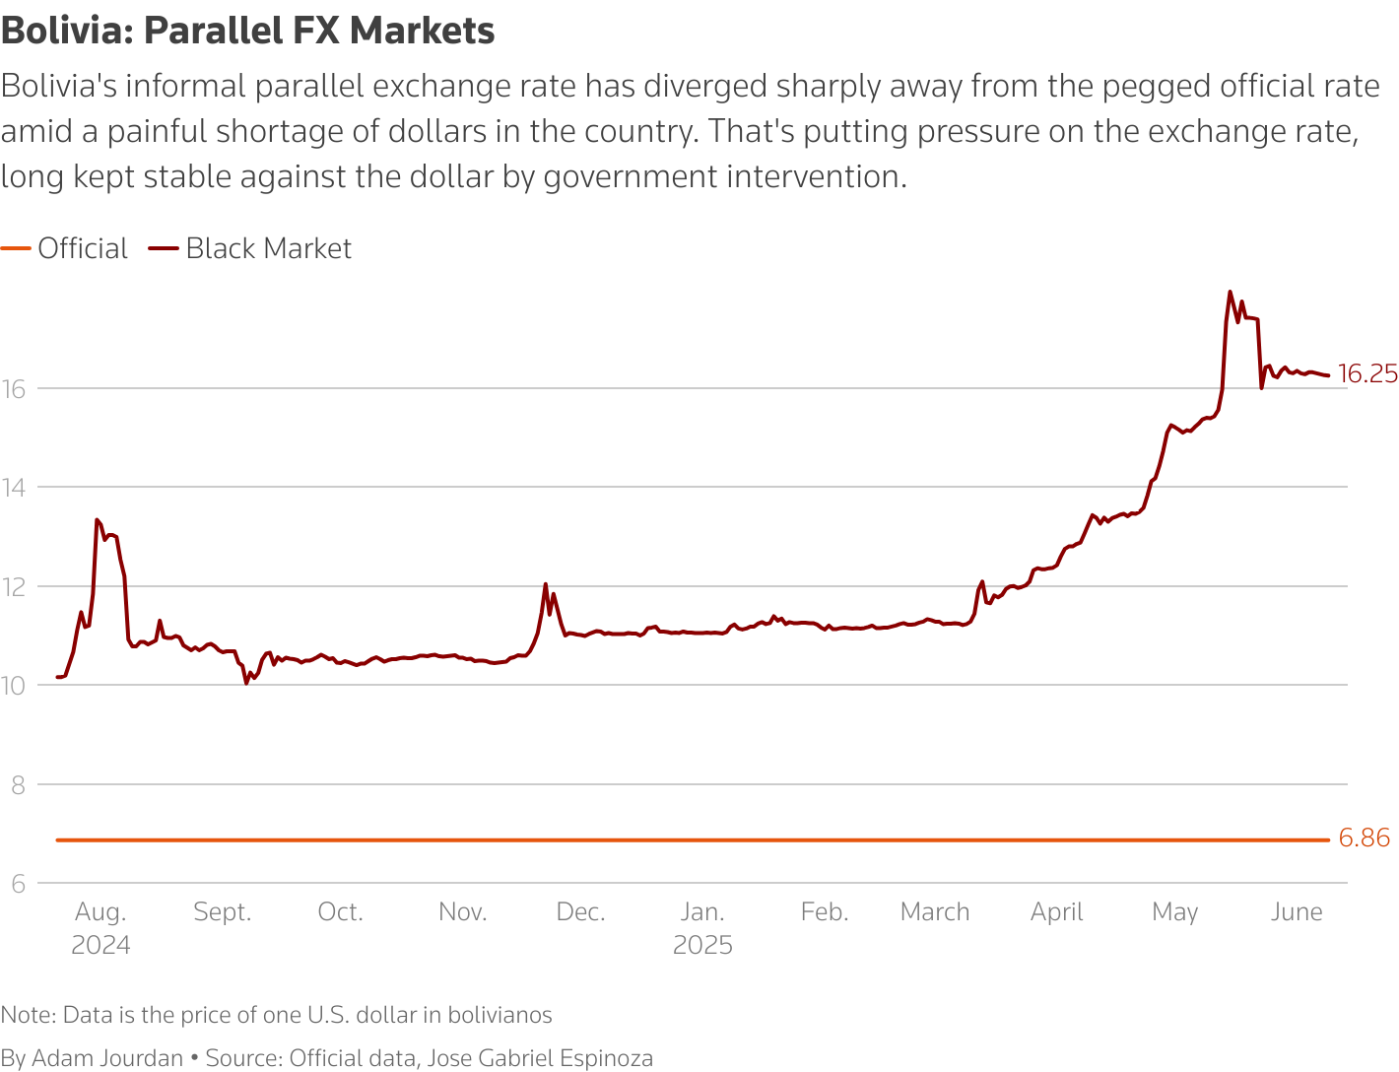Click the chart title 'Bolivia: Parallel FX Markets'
247,31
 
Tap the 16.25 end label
1367,373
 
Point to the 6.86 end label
1365,838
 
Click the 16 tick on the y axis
14,388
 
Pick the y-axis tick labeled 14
14,487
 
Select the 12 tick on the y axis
14,586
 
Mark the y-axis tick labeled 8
17,785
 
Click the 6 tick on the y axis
17,884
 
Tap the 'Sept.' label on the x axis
223,912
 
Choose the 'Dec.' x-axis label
580,912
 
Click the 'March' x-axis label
935,912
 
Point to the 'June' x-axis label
1297,912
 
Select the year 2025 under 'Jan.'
702,946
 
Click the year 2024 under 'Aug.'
100,946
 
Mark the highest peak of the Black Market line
1230,292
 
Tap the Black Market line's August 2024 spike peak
97,519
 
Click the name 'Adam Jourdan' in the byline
107,1058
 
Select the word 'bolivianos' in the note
500,1015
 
